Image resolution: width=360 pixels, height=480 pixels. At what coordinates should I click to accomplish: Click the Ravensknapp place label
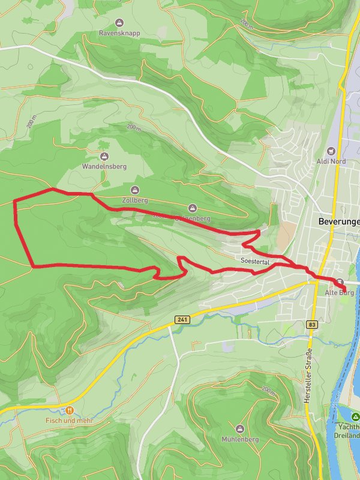tap(120, 33)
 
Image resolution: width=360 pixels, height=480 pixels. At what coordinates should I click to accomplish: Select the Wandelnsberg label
tap(104, 166)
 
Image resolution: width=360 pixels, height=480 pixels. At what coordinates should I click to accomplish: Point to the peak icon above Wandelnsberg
tap(105, 155)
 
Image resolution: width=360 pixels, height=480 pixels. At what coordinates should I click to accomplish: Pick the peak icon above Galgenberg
tap(193, 208)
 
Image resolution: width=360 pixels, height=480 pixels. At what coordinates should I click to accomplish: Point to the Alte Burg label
tap(339, 293)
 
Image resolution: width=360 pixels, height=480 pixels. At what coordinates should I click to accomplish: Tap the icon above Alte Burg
tap(340, 282)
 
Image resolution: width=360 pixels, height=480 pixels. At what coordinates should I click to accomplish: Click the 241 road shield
tap(182, 320)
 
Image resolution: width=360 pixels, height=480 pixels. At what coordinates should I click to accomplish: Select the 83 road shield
tap(311, 325)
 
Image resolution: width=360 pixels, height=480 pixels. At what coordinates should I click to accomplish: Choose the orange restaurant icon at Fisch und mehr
tap(70, 410)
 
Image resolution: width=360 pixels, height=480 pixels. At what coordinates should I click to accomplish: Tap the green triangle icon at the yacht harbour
tap(355, 416)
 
